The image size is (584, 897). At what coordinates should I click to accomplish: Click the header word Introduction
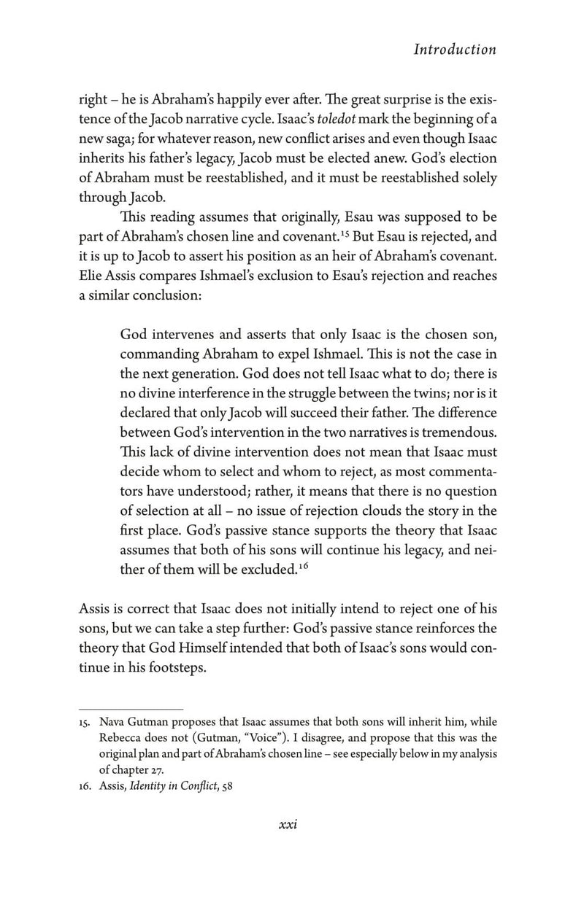(x=455, y=50)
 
